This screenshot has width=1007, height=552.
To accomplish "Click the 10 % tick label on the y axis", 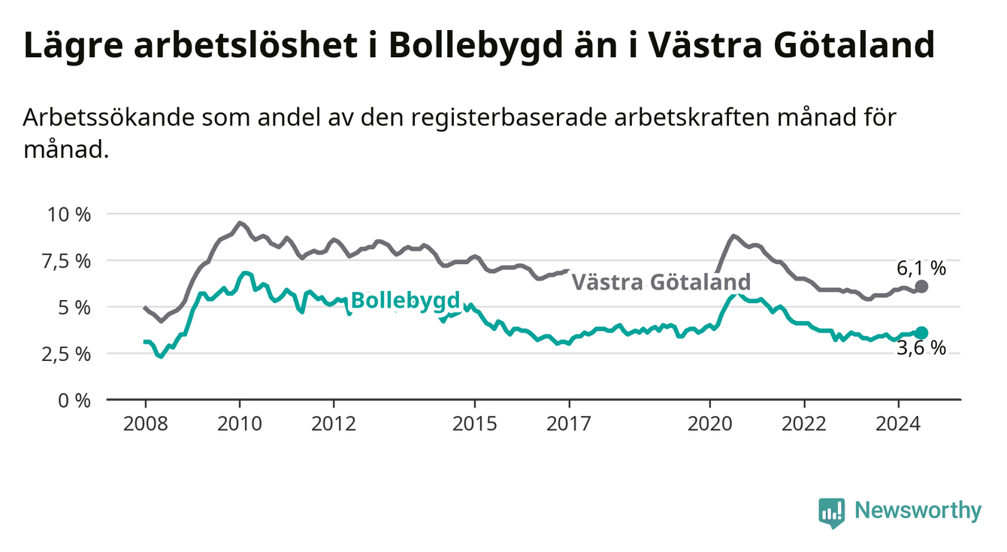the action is pyautogui.click(x=69, y=214).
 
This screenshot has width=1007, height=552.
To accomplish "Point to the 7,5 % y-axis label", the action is pyautogui.click(x=67, y=262).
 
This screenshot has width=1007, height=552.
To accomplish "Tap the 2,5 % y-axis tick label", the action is pyautogui.click(x=67, y=354).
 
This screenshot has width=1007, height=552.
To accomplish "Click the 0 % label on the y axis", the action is pyautogui.click(x=74, y=401).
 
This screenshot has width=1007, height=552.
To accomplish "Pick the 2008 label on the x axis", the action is pyautogui.click(x=145, y=424).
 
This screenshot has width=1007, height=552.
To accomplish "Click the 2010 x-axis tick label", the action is pyautogui.click(x=240, y=424).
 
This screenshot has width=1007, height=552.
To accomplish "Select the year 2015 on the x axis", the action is pyautogui.click(x=475, y=424).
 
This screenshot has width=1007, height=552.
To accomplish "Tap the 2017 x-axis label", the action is pyautogui.click(x=569, y=424).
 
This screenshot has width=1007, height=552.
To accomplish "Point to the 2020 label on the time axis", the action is pyautogui.click(x=710, y=424).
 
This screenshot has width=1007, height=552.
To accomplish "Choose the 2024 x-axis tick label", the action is pyautogui.click(x=898, y=424).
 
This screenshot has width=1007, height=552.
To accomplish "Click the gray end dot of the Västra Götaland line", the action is pyautogui.click(x=921, y=286).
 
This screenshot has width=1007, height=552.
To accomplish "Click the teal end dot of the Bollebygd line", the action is pyautogui.click(x=921, y=333).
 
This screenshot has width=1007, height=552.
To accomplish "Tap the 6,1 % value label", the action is pyautogui.click(x=921, y=268).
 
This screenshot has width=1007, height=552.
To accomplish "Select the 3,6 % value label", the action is pyautogui.click(x=921, y=348).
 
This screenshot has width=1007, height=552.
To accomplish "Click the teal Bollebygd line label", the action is pyautogui.click(x=406, y=301).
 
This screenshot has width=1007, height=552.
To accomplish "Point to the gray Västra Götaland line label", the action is pyautogui.click(x=661, y=282).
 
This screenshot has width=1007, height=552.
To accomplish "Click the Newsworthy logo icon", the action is pyautogui.click(x=832, y=513).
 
